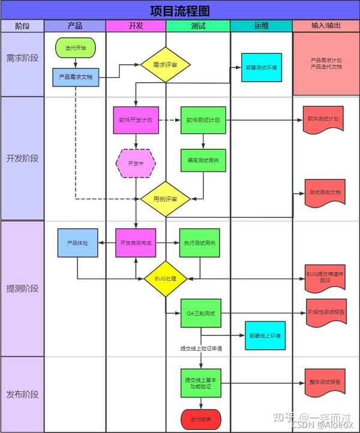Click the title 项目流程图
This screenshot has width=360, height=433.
(x=180, y=10)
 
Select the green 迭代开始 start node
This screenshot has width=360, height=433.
(x=75, y=47)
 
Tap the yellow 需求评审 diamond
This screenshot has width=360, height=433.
(x=166, y=64)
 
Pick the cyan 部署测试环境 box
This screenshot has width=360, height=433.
(x=262, y=68)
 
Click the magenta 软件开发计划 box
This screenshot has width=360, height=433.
(x=135, y=120)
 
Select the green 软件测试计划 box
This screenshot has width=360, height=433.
(x=203, y=120)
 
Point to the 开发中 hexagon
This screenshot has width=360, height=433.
(x=136, y=163)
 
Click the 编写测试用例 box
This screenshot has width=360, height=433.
(x=203, y=161)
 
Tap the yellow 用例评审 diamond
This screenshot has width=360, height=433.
(x=166, y=199)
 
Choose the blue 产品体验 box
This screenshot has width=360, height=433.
(x=77, y=243)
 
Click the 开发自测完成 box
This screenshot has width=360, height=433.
(x=135, y=243)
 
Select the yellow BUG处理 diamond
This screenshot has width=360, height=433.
(x=166, y=279)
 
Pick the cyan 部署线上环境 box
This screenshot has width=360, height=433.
(x=265, y=335)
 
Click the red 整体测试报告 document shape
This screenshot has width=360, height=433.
(x=326, y=383)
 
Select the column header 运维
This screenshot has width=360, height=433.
(x=261, y=26)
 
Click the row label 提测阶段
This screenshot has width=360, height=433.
(x=22, y=288)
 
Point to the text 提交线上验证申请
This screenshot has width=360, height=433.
(x=202, y=348)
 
